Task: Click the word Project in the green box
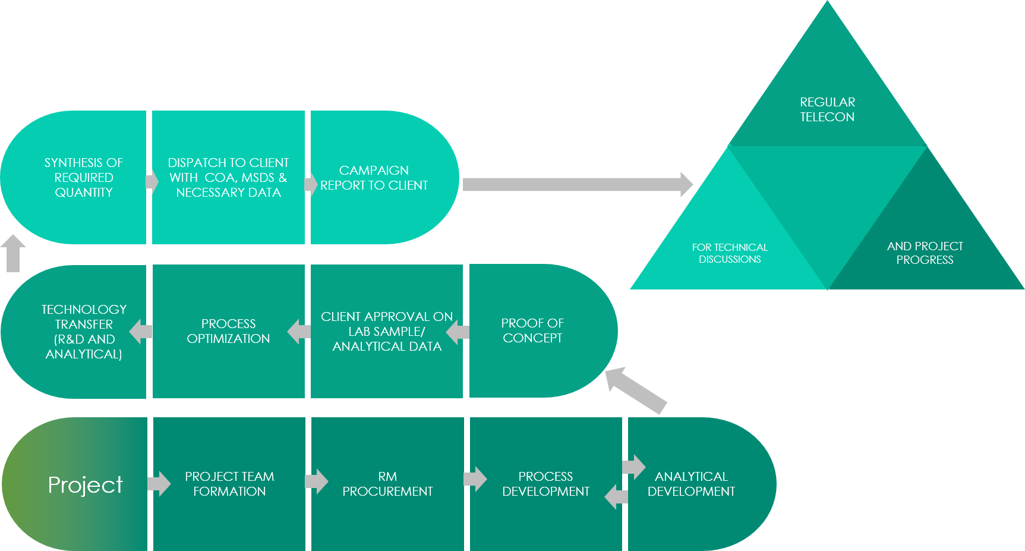click(x=85, y=485)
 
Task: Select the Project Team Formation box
click(x=229, y=484)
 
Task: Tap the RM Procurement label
click(x=387, y=484)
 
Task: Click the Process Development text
click(x=545, y=484)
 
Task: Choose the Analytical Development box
click(x=691, y=484)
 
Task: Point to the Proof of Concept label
click(x=532, y=330)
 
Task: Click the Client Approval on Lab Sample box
click(x=387, y=332)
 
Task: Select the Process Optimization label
click(x=228, y=331)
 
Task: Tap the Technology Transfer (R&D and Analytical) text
click(x=84, y=332)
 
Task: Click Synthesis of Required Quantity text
click(x=84, y=178)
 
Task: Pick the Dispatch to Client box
click(x=228, y=178)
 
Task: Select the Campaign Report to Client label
click(x=374, y=178)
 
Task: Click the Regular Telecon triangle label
click(x=827, y=109)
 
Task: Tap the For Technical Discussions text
click(x=730, y=253)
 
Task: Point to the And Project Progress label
click(x=925, y=253)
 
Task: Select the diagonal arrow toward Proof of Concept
click(x=635, y=390)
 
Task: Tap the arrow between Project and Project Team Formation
click(x=159, y=484)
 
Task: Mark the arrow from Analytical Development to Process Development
click(x=616, y=496)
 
